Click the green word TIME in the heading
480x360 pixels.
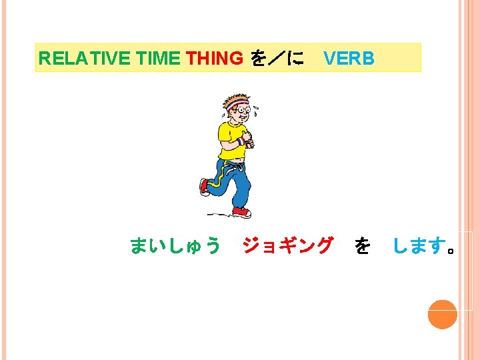pyautogui.click(x=159, y=59)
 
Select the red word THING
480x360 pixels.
pyautogui.click(x=215, y=59)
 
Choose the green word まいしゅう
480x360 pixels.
pyautogui.click(x=175, y=246)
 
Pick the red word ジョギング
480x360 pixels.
pyautogui.click(x=287, y=246)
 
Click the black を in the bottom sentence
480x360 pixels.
pyautogui.click(x=363, y=247)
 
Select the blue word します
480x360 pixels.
pyautogui.click(x=419, y=247)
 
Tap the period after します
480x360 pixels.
pyautogui.click(x=452, y=251)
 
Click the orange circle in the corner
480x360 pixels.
pyautogui.click(x=442, y=314)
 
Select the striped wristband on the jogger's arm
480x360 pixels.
pyautogui.click(x=240, y=141)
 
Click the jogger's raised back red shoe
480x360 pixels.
pyautogui.click(x=205, y=186)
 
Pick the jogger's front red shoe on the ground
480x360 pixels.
pyautogui.click(x=241, y=212)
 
